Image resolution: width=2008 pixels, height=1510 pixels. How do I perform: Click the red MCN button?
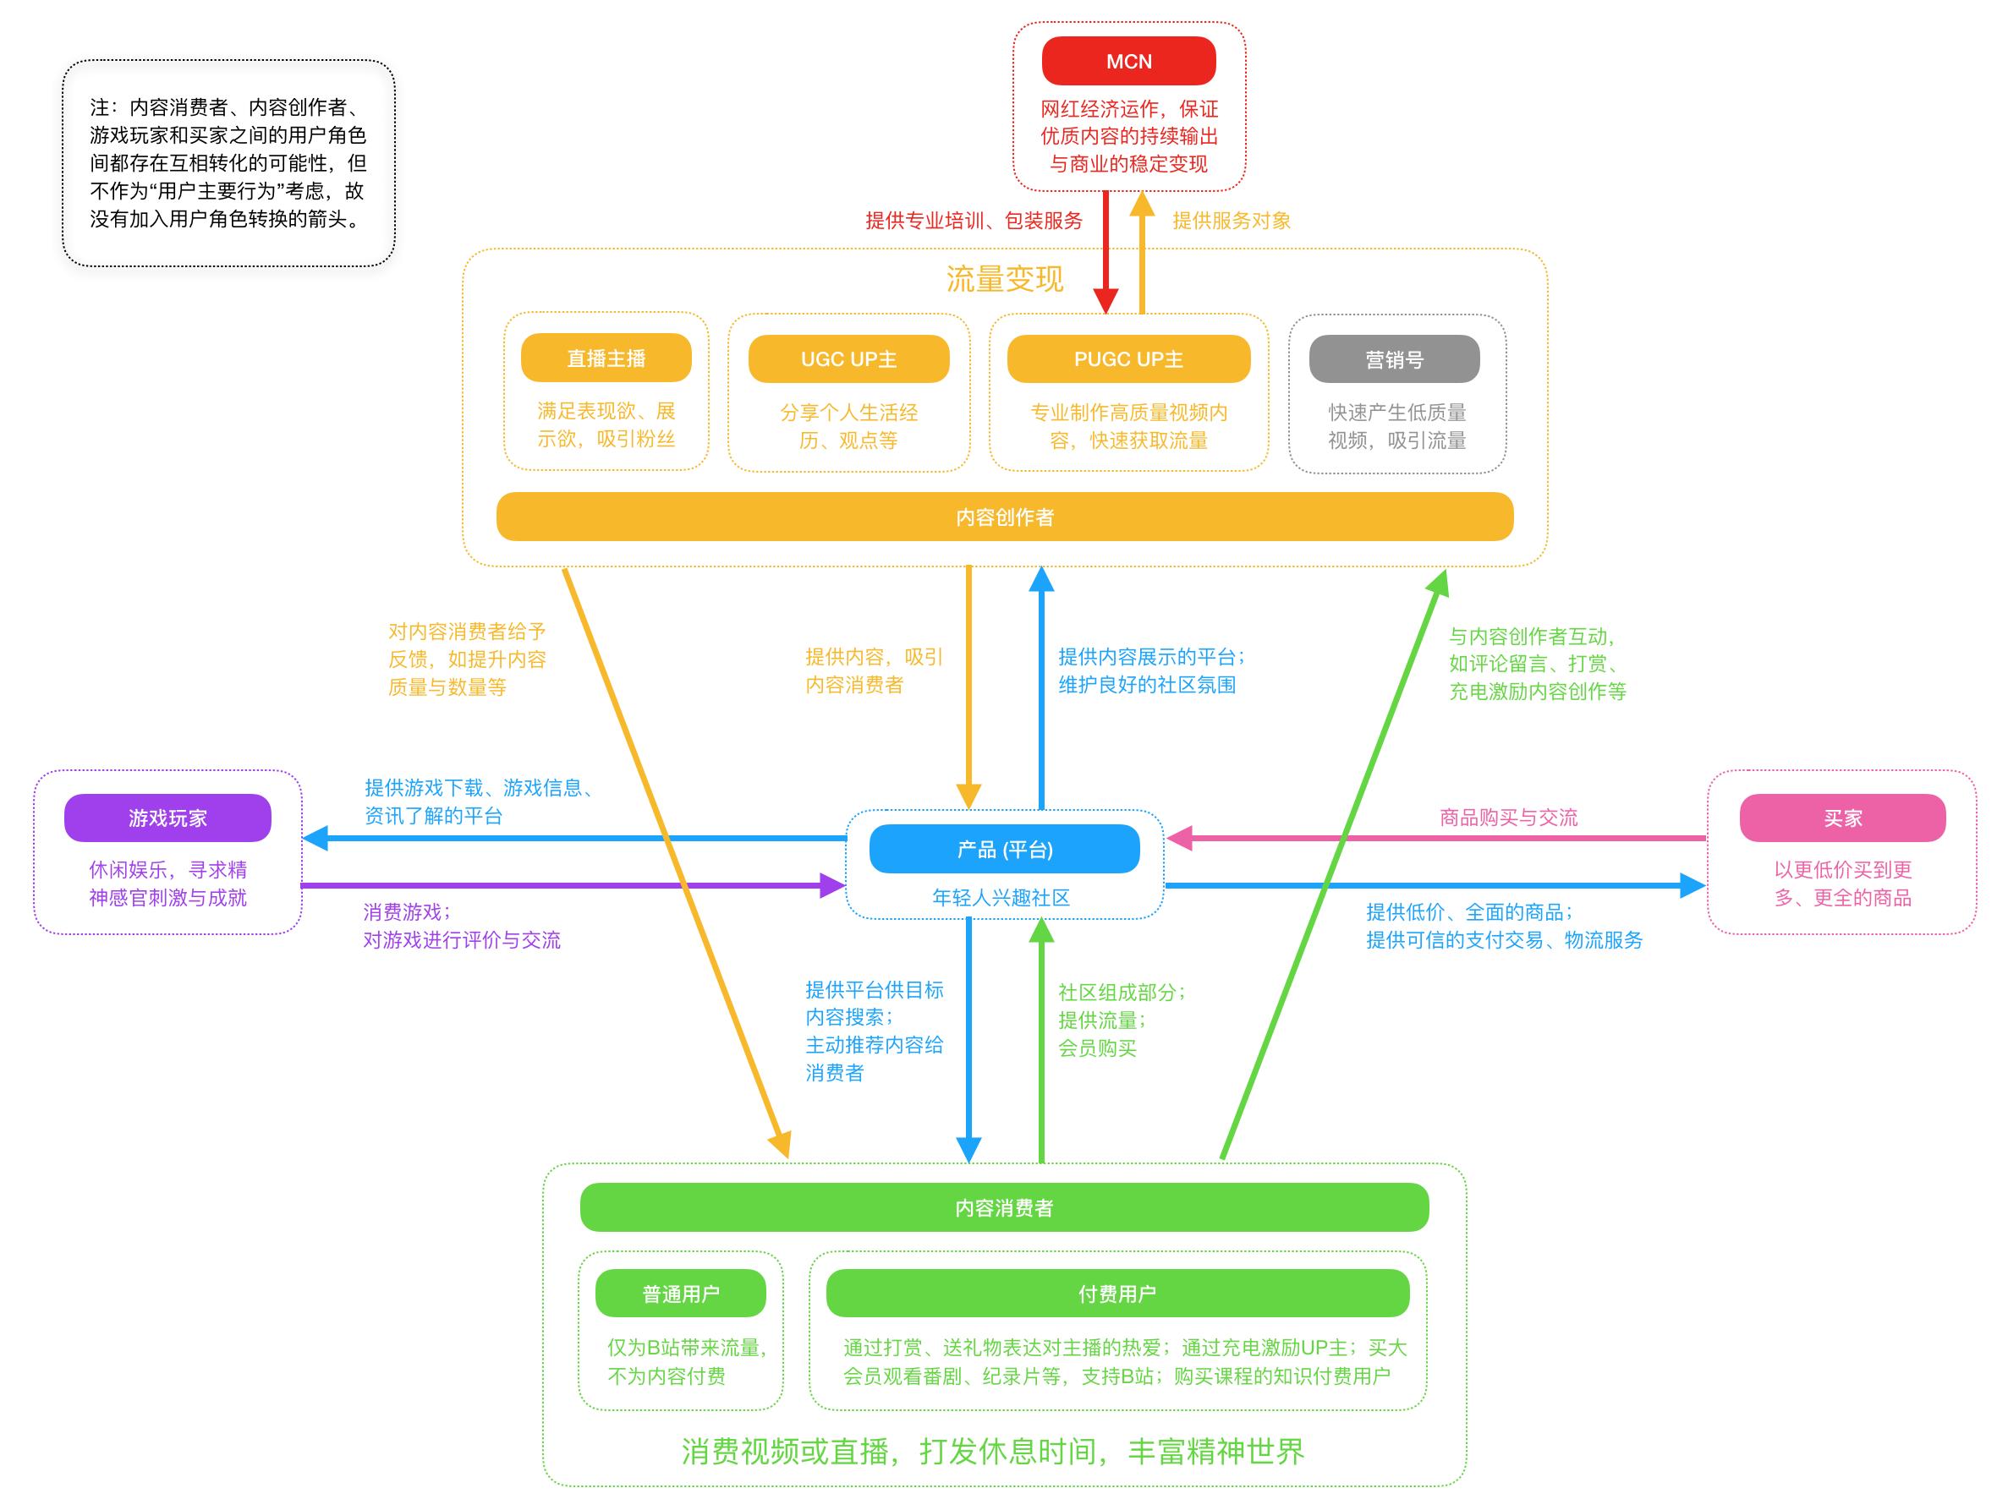(1128, 61)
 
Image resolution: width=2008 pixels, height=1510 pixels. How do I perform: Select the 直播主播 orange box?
(606, 358)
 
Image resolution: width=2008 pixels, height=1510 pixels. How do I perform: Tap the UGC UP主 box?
(848, 359)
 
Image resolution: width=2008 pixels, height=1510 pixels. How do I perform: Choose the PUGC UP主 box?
(1128, 359)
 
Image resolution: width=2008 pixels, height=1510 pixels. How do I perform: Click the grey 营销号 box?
(1393, 359)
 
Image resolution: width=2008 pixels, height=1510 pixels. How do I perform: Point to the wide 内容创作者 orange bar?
(1004, 517)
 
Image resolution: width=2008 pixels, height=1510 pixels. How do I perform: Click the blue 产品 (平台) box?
(1004, 850)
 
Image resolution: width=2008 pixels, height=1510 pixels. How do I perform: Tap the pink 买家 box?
(1842, 818)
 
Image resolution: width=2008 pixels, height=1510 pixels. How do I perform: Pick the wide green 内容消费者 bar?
(1004, 1208)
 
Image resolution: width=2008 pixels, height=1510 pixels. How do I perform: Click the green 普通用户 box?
(680, 1293)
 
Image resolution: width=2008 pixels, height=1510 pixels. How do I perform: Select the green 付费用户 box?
(1116, 1293)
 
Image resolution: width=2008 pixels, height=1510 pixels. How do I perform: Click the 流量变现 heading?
(1004, 279)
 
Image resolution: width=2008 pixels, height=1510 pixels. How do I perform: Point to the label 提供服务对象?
(1231, 221)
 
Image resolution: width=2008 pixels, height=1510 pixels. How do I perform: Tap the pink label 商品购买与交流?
(1508, 818)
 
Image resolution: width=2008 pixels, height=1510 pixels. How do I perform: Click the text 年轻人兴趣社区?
(1001, 898)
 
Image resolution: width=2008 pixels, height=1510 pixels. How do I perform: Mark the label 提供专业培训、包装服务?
(974, 221)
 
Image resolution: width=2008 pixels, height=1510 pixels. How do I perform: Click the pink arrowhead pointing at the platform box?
(1179, 839)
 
